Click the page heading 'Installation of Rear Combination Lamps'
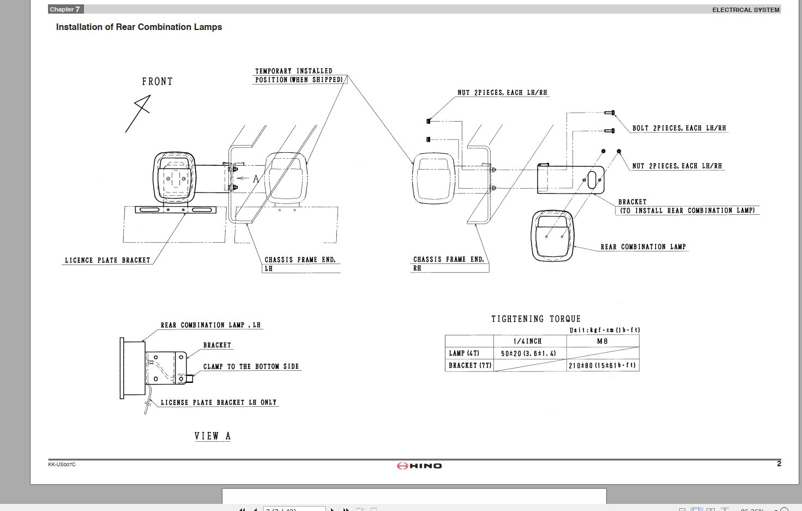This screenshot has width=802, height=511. click(139, 27)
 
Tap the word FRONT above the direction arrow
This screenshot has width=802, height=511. click(157, 82)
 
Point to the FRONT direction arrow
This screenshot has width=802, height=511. click(138, 113)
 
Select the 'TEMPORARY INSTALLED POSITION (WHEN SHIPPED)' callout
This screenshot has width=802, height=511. click(299, 75)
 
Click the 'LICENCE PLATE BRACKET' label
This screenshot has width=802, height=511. click(107, 261)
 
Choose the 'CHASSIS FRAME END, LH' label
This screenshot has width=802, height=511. click(300, 264)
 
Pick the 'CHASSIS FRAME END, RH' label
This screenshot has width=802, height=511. click(448, 264)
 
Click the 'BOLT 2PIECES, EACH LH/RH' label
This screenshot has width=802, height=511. click(679, 129)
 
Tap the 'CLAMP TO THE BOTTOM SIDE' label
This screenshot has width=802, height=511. click(251, 366)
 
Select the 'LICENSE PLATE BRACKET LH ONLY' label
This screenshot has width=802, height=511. click(218, 402)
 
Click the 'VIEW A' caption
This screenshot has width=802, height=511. click(213, 436)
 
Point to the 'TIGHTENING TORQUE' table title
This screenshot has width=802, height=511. click(535, 319)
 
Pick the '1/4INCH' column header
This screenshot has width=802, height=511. click(527, 341)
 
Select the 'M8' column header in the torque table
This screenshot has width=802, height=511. click(602, 341)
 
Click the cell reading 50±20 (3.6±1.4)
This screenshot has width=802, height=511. click(528, 353)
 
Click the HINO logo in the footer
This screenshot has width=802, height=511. click(419, 466)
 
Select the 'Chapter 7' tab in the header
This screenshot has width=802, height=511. click(65, 9)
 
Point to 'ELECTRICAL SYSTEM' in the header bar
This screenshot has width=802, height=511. click(745, 10)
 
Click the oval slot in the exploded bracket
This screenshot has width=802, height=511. click(592, 180)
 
